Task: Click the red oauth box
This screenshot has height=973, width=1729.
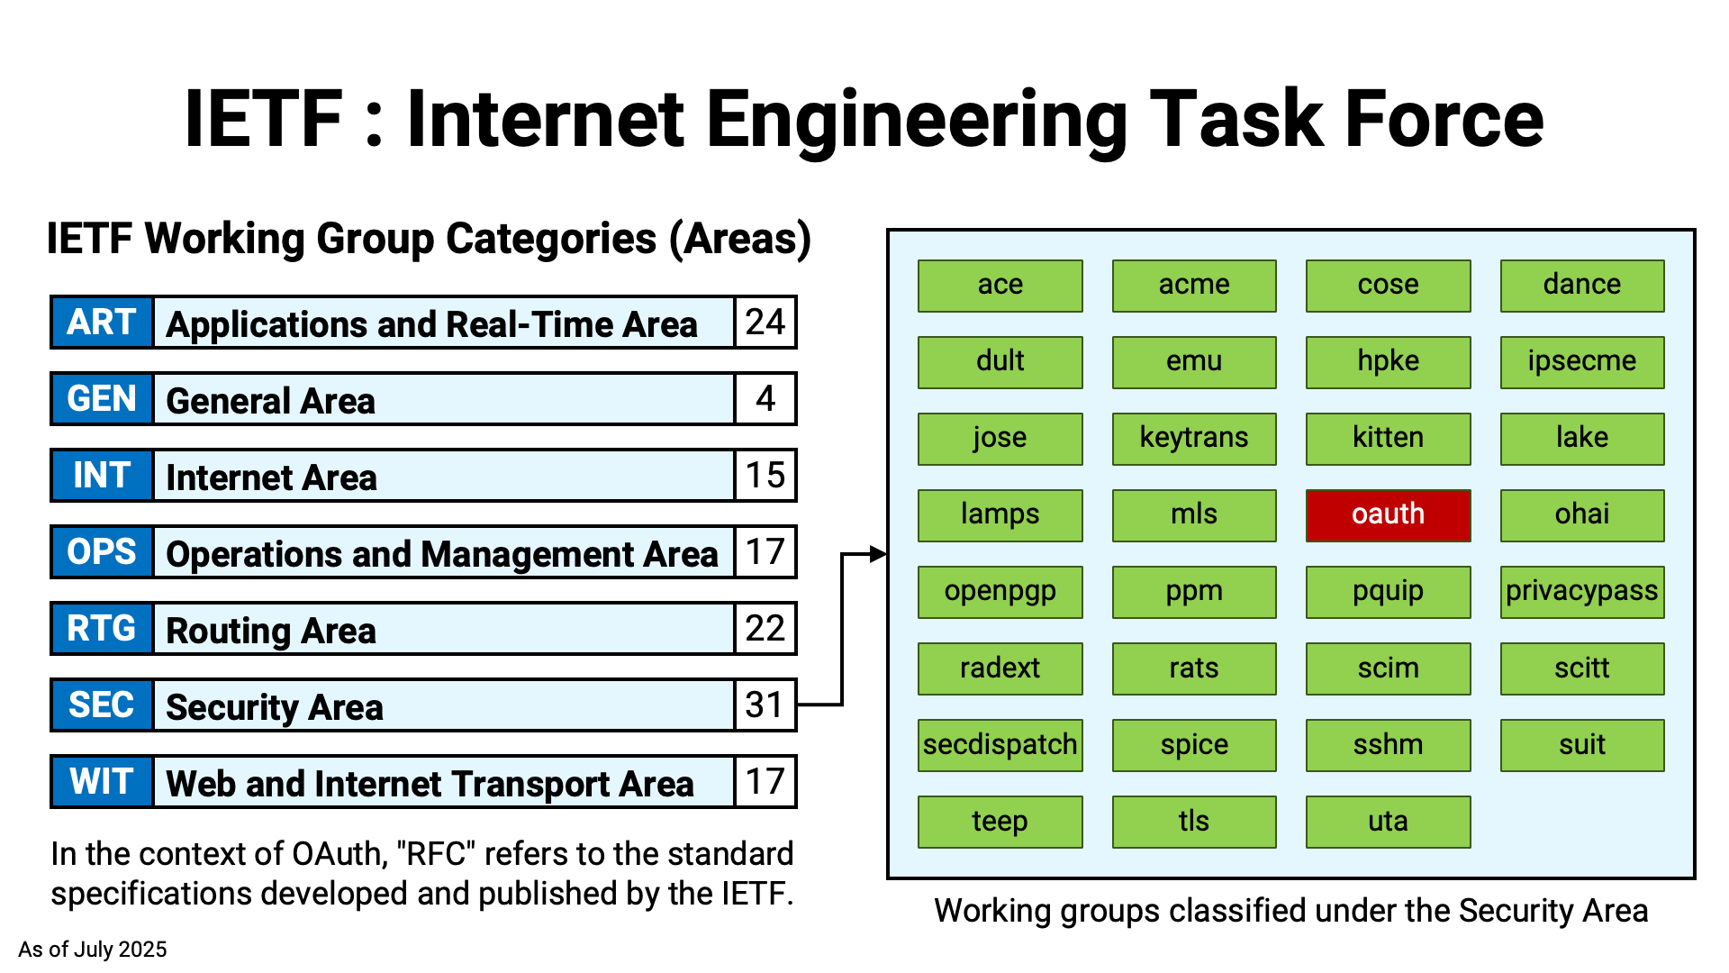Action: [1388, 515]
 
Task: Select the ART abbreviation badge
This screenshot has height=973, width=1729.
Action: [102, 323]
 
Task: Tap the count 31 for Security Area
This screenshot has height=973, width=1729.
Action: [765, 705]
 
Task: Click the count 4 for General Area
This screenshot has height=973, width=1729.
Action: [765, 399]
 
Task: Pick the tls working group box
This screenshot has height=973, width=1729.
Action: [1194, 822]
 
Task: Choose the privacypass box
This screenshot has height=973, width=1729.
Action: [1582, 592]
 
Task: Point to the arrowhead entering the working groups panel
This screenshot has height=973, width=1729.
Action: [878, 554]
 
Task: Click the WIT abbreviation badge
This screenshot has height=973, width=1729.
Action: [102, 782]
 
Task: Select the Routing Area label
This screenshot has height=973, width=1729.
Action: [271, 631]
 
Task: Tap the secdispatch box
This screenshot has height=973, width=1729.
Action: [1000, 745]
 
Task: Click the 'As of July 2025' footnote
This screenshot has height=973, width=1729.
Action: [93, 950]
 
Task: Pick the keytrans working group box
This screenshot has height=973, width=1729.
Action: [1194, 439]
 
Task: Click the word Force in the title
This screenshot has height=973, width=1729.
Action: [1444, 119]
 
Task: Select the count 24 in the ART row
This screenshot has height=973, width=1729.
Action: [765, 323]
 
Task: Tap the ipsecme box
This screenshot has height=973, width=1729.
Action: [1582, 362]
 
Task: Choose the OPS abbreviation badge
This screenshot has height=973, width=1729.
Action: [102, 552]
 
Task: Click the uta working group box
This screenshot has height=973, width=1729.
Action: [1388, 822]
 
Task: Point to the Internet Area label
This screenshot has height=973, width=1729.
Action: [271, 477]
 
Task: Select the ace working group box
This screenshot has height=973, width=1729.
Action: [1000, 286]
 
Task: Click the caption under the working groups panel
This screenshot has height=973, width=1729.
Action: [1291, 911]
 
